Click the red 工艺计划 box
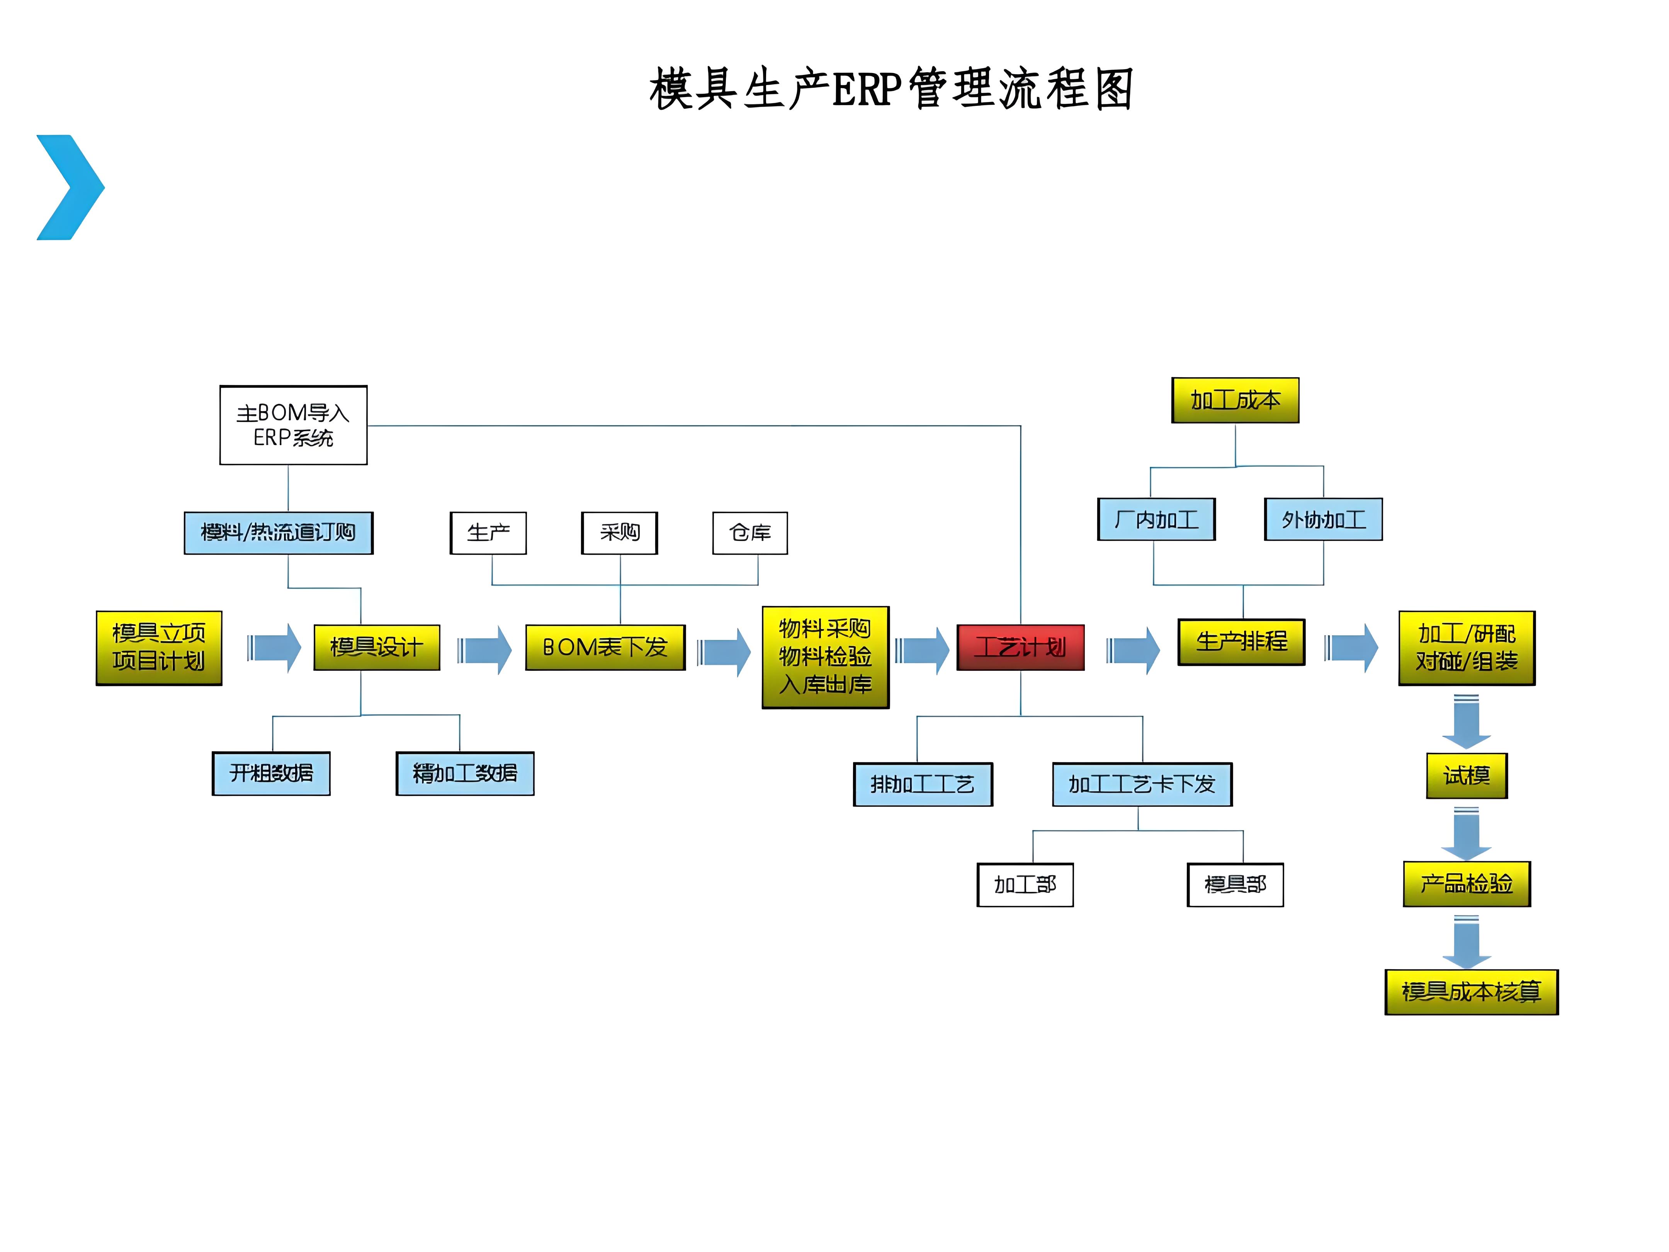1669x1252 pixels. click(x=1020, y=647)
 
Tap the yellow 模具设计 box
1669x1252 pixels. click(x=377, y=647)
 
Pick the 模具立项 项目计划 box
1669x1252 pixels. click(x=159, y=648)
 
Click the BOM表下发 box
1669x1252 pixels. click(x=605, y=647)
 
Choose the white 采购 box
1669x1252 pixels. click(x=619, y=533)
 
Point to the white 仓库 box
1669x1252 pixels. click(x=750, y=533)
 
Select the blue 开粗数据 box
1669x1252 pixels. click(x=271, y=773)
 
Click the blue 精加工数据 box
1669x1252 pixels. click(x=465, y=773)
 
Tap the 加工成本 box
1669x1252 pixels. click(x=1235, y=400)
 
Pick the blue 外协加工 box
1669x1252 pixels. click(x=1324, y=519)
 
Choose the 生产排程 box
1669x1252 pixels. click(x=1241, y=641)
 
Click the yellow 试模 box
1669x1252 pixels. click(x=1466, y=775)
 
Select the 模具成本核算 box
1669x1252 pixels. click(x=1471, y=992)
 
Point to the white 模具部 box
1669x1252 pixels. click(x=1235, y=885)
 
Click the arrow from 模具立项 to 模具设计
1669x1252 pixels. click(x=275, y=648)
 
